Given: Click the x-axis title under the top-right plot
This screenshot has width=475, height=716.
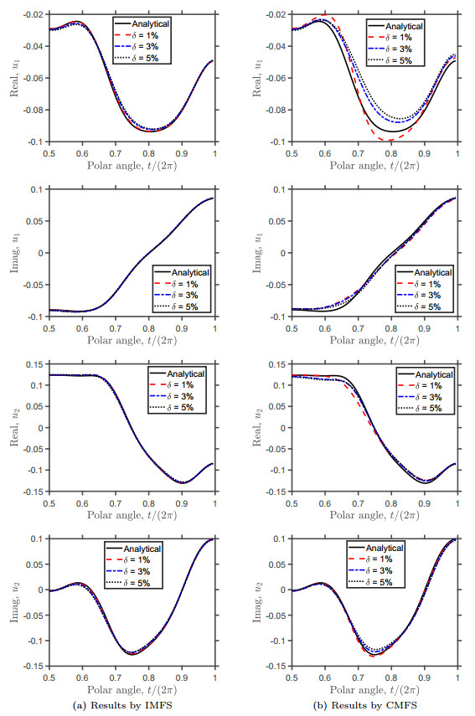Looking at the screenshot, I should [375, 164].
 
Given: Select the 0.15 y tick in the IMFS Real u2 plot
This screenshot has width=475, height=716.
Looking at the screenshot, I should [34, 364].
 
